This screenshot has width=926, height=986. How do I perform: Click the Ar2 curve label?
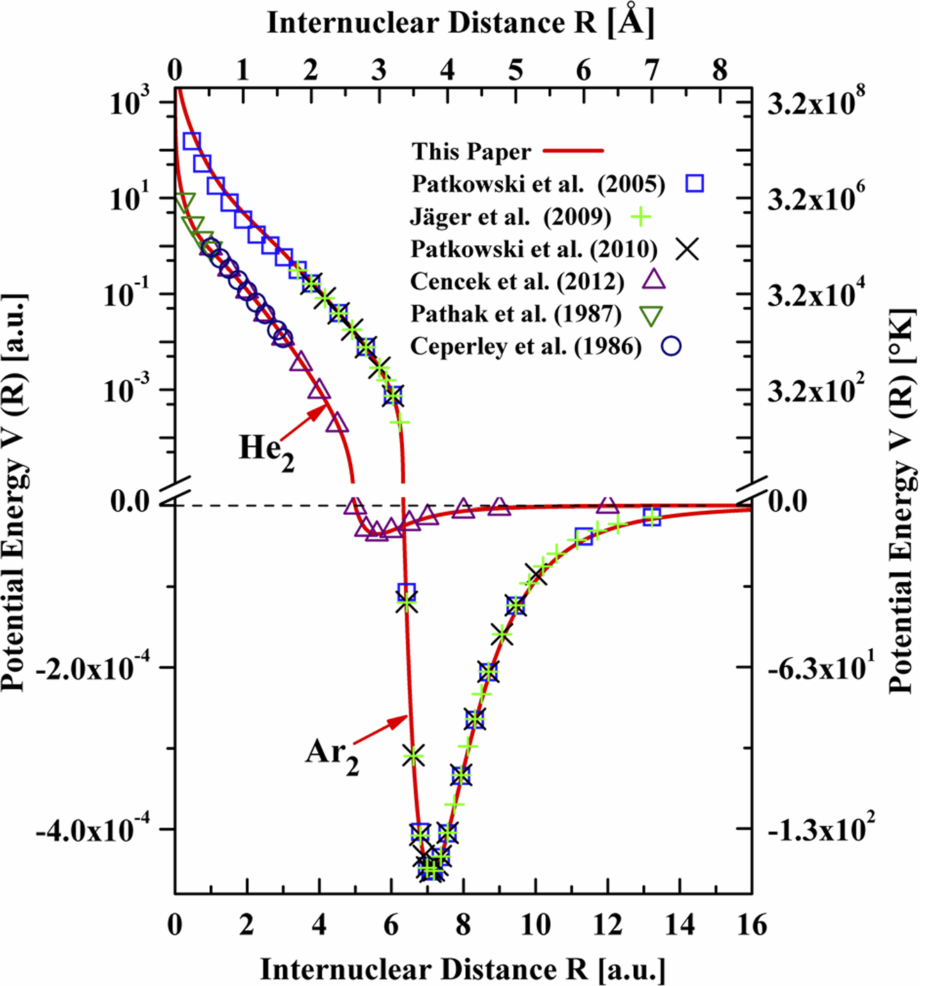(332, 755)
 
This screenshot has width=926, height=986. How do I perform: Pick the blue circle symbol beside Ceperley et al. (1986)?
(671, 346)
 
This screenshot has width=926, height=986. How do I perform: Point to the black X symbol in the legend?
(689, 249)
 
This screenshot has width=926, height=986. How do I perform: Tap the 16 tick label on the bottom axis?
(750, 925)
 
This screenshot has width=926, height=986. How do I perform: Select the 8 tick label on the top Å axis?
(720, 70)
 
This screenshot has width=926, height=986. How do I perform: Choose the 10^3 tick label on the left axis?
(132, 102)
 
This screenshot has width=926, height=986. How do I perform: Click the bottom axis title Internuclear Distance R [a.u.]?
(463, 969)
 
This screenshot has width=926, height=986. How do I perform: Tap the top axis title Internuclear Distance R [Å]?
(461, 24)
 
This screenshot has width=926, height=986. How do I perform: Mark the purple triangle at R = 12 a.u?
(608, 504)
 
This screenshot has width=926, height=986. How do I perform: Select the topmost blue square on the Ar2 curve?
(191, 141)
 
